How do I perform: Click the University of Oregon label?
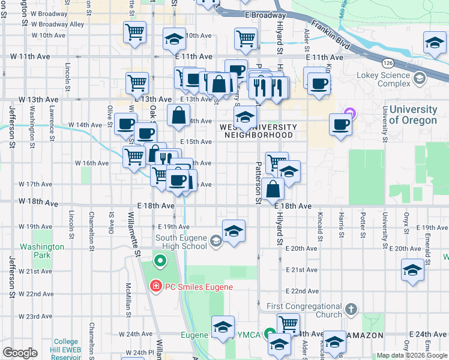[412, 115]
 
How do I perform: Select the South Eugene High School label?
[181, 242]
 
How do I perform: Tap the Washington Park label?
[41, 251]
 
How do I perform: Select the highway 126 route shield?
[388, 62]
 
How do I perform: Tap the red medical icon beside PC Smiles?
[156, 287]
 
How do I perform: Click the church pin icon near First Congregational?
[351, 310]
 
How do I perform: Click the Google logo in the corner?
[20, 353]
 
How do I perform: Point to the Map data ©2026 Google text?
[411, 355]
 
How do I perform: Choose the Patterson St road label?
[259, 181]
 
